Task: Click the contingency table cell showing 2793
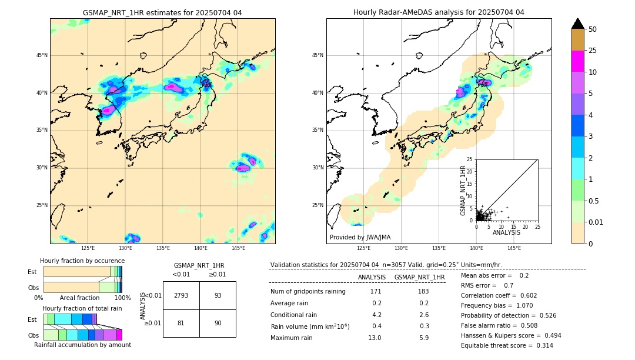[181, 295]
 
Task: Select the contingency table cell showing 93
[218, 295]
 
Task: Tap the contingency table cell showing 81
[181, 322]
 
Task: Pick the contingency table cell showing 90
[218, 322]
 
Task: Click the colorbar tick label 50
[593, 29]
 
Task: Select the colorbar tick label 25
[593, 51]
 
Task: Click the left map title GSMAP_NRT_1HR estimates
[162, 12]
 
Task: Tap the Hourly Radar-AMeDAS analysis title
[439, 12]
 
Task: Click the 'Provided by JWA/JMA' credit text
[360, 237]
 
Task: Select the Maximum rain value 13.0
[375, 338]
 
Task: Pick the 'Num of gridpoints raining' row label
[308, 291]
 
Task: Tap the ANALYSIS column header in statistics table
[372, 277]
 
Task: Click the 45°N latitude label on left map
[42, 55]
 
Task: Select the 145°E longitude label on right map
[514, 248]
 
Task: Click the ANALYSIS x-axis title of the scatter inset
[506, 232]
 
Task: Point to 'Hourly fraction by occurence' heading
[82, 261]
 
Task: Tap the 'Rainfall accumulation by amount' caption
[82, 345]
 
